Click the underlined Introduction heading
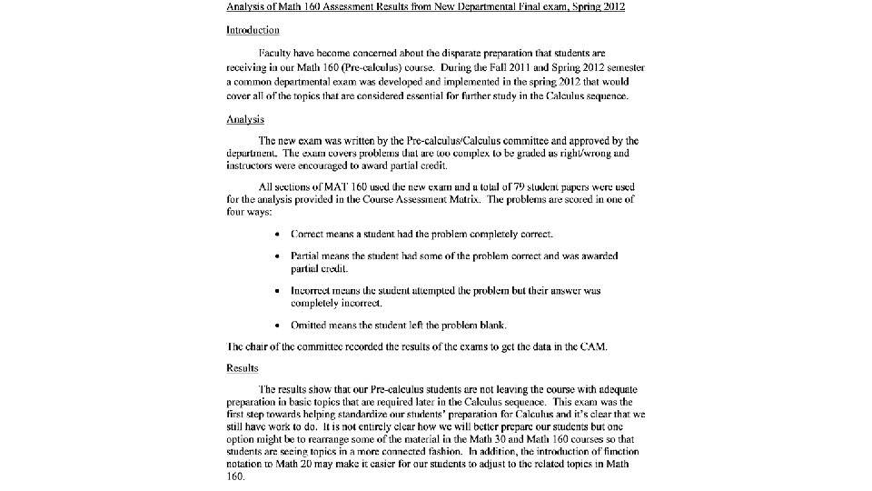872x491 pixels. pyautogui.click(x=253, y=30)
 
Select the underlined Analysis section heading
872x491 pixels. pyautogui.click(x=245, y=118)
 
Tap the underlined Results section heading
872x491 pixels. pyautogui.click(x=243, y=367)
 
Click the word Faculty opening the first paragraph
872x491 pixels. pyautogui.click(x=279, y=54)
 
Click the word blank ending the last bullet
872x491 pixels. pyautogui.click(x=490, y=326)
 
